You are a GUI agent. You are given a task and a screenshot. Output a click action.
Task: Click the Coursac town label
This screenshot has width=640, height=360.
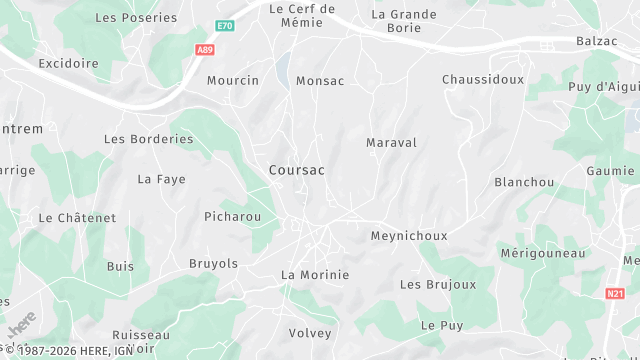pyautogui.click(x=296, y=171)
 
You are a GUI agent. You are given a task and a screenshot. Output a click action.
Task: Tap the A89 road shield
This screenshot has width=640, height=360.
pyautogui.click(x=205, y=49)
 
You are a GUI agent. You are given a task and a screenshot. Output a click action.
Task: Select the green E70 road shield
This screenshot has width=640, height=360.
pyautogui.click(x=226, y=25)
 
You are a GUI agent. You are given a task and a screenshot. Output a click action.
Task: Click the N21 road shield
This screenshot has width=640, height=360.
pyautogui.click(x=615, y=294)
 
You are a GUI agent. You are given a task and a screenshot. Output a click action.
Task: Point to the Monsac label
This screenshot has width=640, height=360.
pyautogui.click(x=320, y=81)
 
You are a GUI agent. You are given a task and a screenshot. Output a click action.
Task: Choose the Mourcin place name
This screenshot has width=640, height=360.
pyautogui.click(x=233, y=81)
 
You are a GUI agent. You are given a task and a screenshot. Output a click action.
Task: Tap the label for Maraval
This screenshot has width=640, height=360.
pyautogui.click(x=391, y=143)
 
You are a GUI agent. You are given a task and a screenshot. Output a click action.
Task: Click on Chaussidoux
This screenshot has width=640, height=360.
pyautogui.click(x=483, y=79)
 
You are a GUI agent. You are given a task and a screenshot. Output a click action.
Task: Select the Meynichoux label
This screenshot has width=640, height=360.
pyautogui.click(x=409, y=236)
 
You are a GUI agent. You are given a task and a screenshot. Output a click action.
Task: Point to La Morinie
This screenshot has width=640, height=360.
pyautogui.click(x=315, y=275)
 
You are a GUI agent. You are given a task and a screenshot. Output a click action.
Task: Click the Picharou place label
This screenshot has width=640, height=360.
pyautogui.click(x=233, y=216)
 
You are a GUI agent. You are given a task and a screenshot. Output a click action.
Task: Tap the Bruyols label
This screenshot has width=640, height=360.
pyautogui.click(x=214, y=264)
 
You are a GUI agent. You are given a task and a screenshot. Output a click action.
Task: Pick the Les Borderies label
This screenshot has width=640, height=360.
pyautogui.click(x=149, y=139)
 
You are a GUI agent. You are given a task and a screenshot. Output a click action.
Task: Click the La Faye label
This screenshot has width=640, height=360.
pyautogui.click(x=162, y=180)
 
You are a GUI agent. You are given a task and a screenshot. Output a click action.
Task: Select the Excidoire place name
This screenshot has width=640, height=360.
pyautogui.click(x=69, y=63)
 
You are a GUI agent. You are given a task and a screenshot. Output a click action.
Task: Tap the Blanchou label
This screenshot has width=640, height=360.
pyautogui.click(x=524, y=182)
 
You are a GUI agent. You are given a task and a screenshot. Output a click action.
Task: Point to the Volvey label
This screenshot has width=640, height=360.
pyautogui.click(x=309, y=333)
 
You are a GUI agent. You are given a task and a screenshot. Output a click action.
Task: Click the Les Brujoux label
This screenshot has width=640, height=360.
pyautogui.click(x=438, y=285)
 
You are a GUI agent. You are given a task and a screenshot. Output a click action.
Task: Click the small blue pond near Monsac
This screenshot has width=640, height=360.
pyautogui.click(x=284, y=66)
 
